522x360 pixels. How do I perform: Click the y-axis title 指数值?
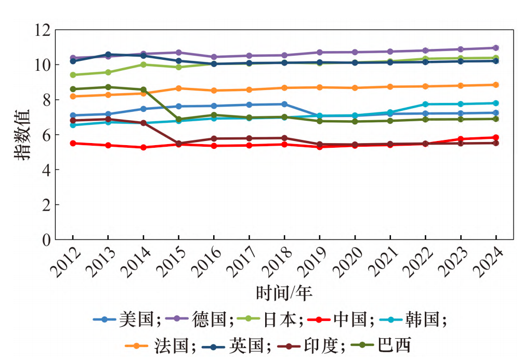23,135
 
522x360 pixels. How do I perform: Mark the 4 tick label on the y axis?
45,170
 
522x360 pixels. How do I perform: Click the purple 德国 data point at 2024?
496,48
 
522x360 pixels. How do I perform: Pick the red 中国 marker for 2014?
143,147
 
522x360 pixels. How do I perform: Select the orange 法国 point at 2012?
73,96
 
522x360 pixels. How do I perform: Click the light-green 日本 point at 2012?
73,75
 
